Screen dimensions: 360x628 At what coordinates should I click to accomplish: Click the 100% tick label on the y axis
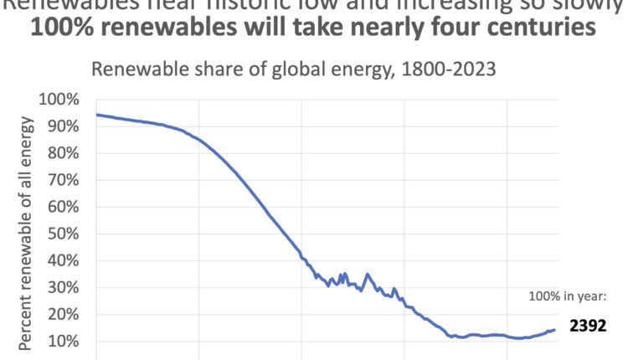pyautogui.click(x=60, y=100)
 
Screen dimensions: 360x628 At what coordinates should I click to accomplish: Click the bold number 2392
pyautogui.click(x=587, y=326)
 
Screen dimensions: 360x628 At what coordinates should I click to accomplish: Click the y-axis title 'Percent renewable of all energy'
pyautogui.click(x=28, y=234)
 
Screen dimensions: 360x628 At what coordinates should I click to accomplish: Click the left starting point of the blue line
pyautogui.click(x=97, y=115)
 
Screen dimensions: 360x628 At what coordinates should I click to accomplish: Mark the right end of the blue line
pyautogui.click(x=554, y=330)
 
